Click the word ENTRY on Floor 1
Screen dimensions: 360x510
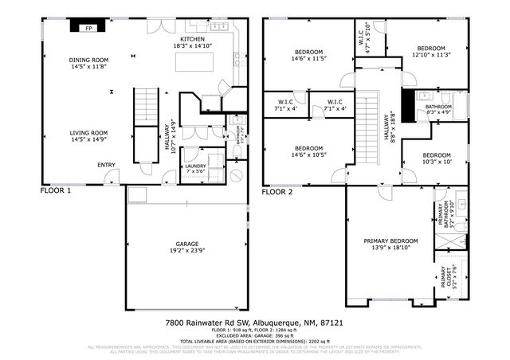[x=106, y=165]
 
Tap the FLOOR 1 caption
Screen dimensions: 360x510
[x=56, y=191]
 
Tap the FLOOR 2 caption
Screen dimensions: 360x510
[x=277, y=192]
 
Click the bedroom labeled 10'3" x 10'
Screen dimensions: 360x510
[x=437, y=158]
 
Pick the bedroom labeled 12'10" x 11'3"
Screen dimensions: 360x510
[x=432, y=50]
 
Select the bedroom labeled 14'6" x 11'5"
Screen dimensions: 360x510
[x=308, y=55]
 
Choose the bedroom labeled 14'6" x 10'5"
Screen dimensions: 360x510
[x=308, y=152]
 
